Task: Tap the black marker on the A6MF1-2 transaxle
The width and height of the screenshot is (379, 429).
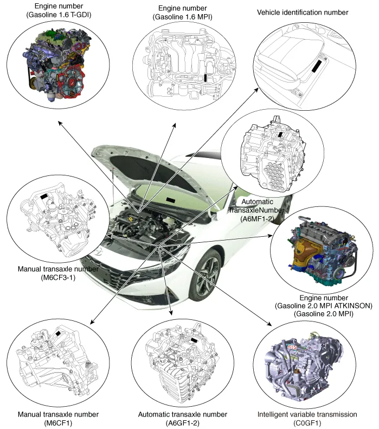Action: (280, 134)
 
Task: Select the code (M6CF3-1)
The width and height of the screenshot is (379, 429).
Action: (58, 277)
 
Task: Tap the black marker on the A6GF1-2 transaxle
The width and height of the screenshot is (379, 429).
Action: (194, 340)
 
